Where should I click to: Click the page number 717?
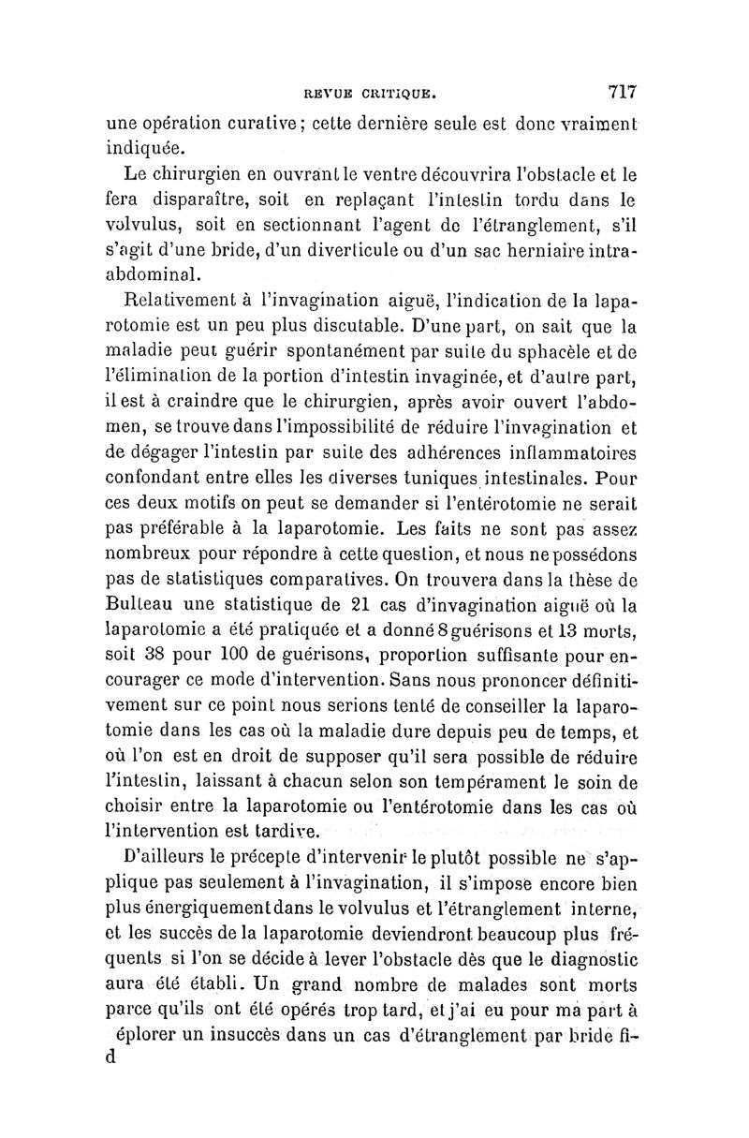point(622,92)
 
